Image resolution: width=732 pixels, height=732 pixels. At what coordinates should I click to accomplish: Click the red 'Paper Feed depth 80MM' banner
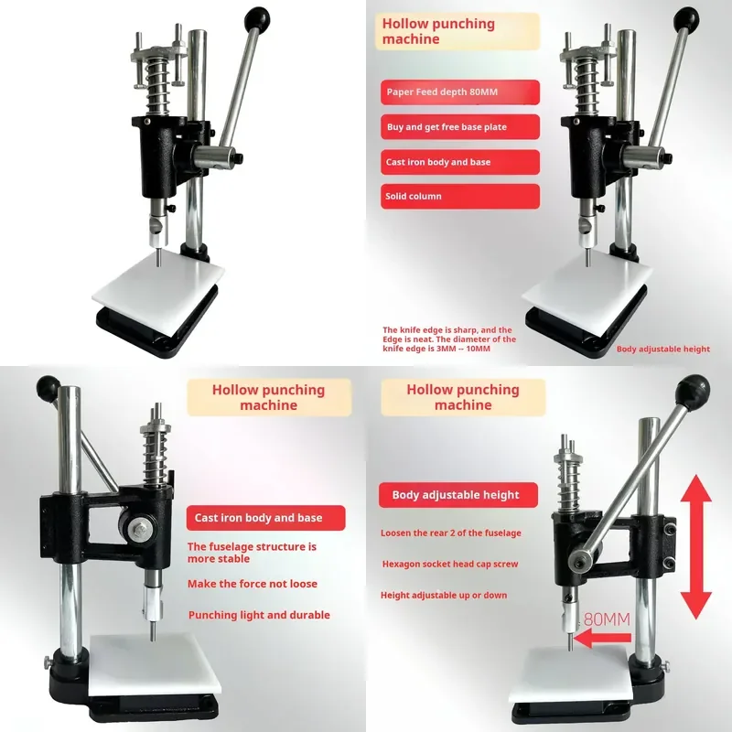point(460,92)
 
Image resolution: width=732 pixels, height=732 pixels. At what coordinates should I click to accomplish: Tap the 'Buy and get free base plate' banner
point(460,126)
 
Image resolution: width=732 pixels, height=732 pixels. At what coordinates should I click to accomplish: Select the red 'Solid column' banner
point(460,196)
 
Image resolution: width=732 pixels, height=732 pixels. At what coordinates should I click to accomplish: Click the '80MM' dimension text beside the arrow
point(607,619)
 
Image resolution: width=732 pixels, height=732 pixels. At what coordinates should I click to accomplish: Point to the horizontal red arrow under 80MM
point(602,638)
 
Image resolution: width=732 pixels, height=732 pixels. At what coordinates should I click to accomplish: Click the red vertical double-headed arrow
point(695,546)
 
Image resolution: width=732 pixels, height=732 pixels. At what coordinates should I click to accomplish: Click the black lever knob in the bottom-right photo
point(694,391)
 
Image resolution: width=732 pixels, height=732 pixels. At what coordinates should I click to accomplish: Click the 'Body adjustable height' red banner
point(458,495)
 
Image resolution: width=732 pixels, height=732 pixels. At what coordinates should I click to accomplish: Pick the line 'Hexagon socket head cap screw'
point(450,564)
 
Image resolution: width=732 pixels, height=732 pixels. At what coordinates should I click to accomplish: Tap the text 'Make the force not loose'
point(253,584)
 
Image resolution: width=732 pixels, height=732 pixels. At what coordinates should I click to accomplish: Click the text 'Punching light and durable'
point(259,615)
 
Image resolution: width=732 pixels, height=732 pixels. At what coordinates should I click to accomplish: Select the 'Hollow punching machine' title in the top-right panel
point(438,31)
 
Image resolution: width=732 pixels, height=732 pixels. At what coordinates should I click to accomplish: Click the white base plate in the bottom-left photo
point(154,665)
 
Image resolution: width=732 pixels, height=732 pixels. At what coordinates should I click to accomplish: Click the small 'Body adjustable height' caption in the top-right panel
point(662,349)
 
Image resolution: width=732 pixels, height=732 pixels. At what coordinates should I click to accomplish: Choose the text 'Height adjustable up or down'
point(444,596)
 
